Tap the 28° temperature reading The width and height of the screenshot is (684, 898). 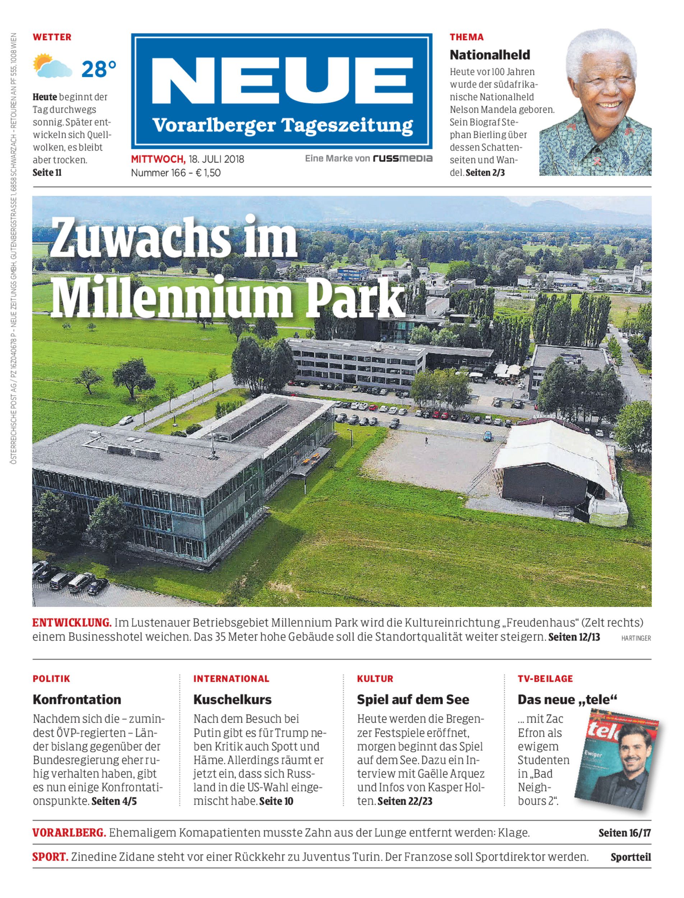tap(99, 69)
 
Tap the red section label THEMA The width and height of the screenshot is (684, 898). tap(467, 37)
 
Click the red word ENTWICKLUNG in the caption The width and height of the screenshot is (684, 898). tap(71, 623)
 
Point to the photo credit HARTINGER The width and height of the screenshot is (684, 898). tap(636, 638)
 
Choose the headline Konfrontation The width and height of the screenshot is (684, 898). tap(77, 699)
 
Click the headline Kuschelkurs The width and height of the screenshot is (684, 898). tap(232, 699)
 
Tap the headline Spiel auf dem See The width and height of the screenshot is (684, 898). tap(413, 699)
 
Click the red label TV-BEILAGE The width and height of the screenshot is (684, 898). tap(545, 679)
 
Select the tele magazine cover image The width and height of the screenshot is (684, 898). tap(617, 762)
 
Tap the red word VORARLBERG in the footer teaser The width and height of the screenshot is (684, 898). tap(69, 833)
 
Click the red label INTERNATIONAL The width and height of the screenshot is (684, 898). tap(231, 679)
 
